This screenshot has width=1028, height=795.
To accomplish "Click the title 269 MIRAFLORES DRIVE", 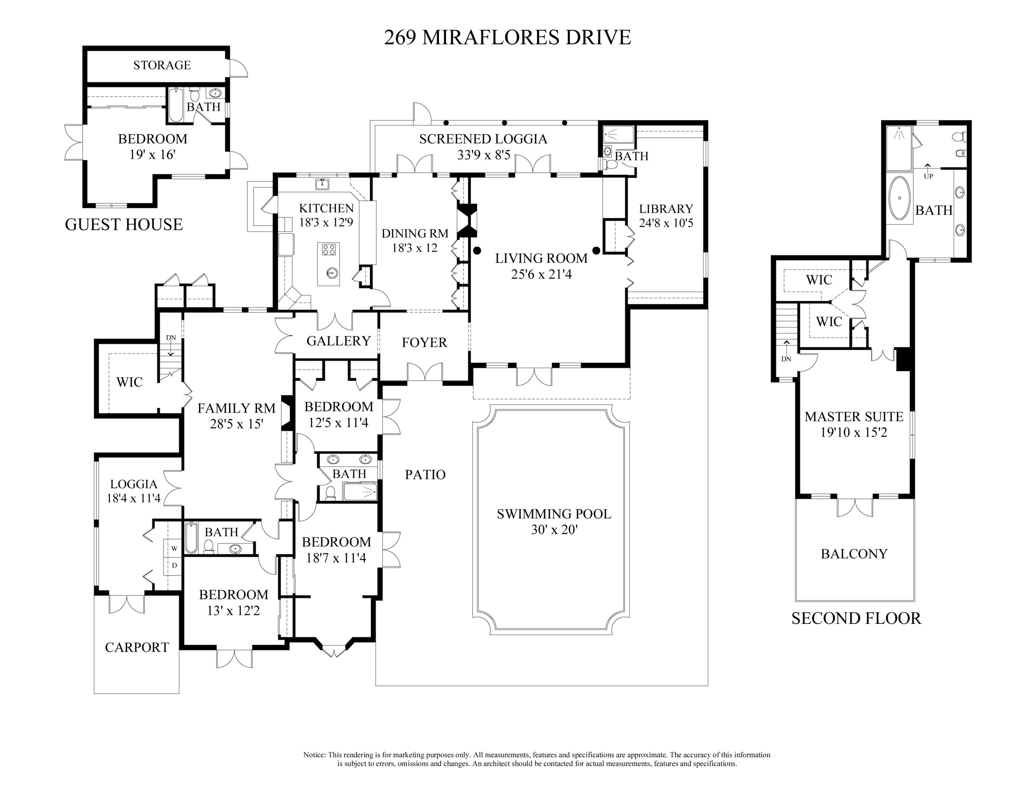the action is point(507,37).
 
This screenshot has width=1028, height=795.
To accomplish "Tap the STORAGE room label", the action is point(162,65).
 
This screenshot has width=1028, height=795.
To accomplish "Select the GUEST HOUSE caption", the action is point(124,224).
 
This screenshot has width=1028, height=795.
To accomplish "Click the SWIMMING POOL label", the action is point(554,514).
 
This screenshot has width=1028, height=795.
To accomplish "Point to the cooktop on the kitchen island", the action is point(329,249).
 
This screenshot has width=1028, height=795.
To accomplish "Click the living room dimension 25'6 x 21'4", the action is point(541,274).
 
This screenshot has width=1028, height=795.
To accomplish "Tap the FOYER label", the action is point(424,342).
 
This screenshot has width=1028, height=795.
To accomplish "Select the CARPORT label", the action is point(136,648).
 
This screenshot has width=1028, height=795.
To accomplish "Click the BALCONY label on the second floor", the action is point(854,554).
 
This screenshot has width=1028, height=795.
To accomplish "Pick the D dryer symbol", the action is point(174,566).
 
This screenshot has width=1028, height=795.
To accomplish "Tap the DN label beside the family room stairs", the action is point(171,338).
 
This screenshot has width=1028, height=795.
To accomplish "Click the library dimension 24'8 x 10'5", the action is point(666,223).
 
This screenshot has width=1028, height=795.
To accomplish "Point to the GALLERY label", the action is point(339,341).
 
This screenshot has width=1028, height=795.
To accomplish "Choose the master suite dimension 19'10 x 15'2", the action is point(854,432).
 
